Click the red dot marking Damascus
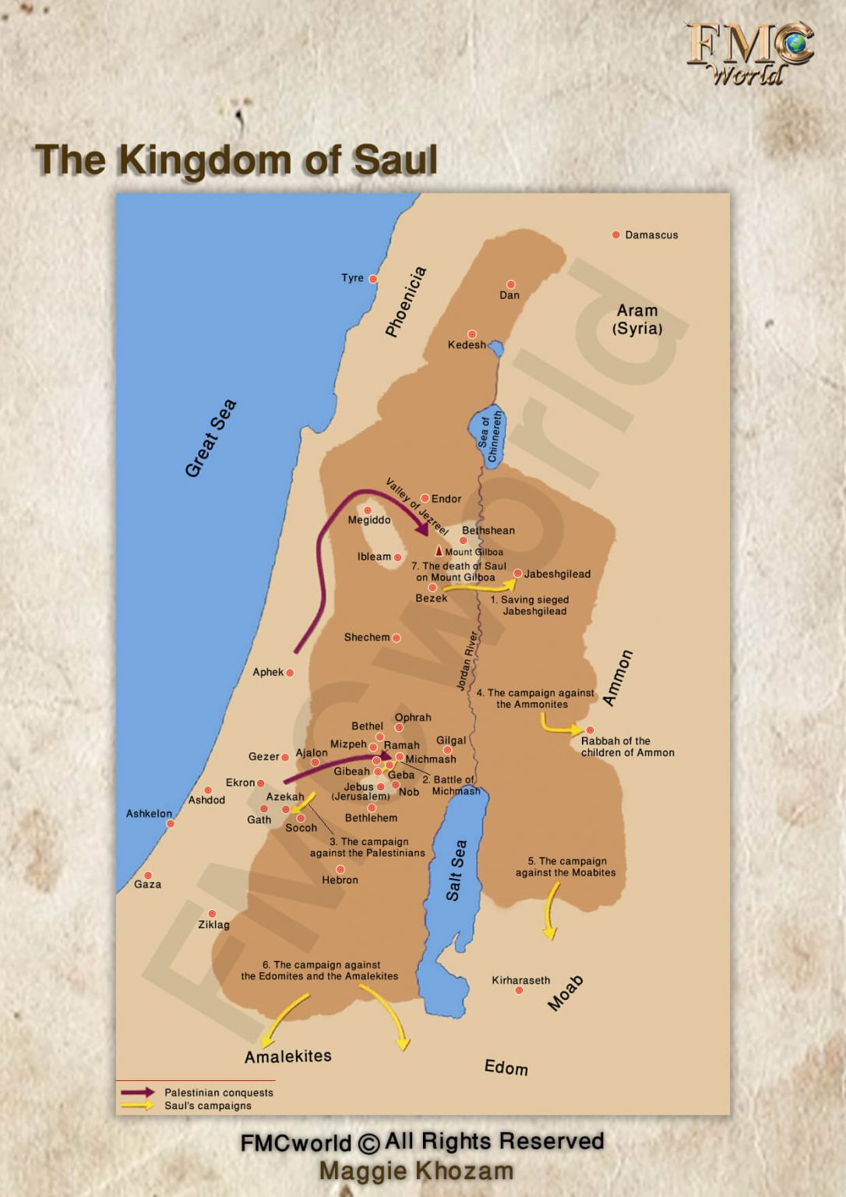[616, 235]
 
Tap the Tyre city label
[352, 278]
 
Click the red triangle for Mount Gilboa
[439, 551]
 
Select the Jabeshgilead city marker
[517, 574]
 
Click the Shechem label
[366, 637]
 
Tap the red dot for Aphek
[290, 673]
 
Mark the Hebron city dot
[340, 869]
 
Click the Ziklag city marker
[212, 914]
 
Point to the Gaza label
[147, 885]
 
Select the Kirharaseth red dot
[519, 990]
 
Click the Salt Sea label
[456, 870]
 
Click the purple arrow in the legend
[138, 1093]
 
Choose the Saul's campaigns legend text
[207, 1106]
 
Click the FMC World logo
[749, 53]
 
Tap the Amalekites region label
[287, 1057]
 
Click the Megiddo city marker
[368, 510]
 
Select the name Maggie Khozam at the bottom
[416, 1171]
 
